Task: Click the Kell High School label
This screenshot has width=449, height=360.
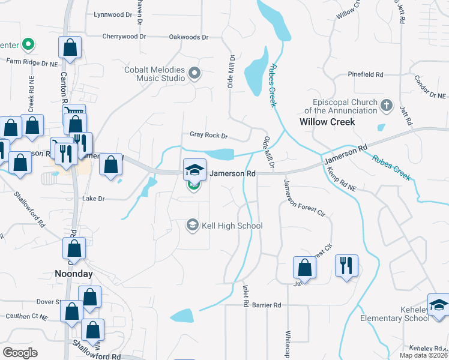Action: pos(233,226)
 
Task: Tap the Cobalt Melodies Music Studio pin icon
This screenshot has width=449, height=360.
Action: pos(194,74)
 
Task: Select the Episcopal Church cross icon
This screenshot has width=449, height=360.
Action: pos(387,106)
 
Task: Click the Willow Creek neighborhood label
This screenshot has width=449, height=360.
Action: pos(327,122)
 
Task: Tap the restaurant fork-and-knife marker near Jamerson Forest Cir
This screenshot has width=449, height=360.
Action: pos(346,266)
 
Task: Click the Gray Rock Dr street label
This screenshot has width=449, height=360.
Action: pos(209,136)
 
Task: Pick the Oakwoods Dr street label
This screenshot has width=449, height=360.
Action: pos(188,37)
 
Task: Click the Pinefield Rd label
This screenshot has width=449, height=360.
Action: pos(365,74)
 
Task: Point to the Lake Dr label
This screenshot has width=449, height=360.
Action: pos(93,198)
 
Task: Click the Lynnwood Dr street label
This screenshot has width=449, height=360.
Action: pos(113,14)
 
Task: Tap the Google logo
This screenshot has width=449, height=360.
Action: pos(20,353)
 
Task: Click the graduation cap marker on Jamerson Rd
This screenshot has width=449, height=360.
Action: pos(194,170)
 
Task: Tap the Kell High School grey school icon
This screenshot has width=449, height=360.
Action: pos(193,225)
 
